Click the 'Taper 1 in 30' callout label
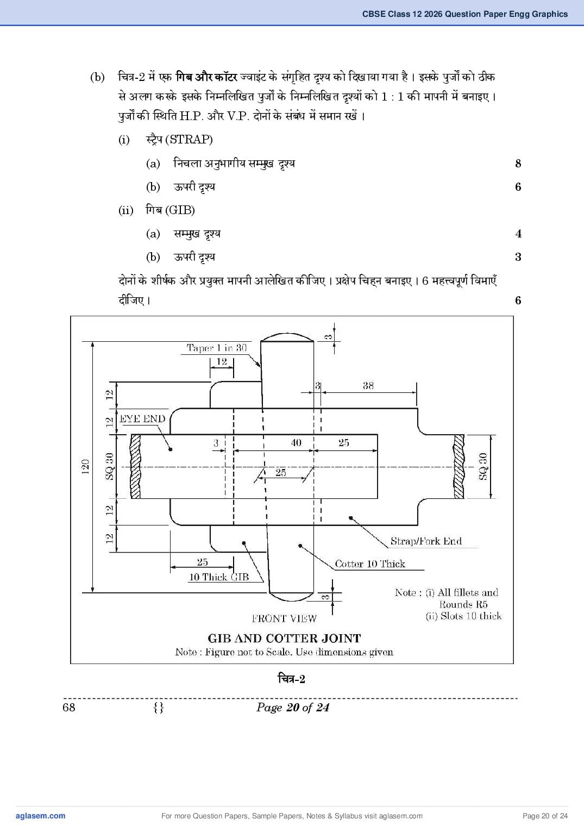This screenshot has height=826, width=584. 216,348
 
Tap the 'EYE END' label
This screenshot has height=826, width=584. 142,418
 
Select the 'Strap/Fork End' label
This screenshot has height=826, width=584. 426,541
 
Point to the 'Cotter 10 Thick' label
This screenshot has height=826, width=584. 370,564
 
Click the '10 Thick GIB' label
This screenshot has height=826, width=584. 219,577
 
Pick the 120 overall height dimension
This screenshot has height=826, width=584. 85,467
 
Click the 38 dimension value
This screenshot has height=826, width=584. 368,386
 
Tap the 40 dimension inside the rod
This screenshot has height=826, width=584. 296,442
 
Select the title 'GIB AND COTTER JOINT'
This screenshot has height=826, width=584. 284,639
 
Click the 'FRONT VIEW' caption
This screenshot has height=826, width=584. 284,618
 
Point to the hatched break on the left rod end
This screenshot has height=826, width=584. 135,466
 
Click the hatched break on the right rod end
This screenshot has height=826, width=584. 459,466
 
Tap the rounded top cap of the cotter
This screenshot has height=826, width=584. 287,337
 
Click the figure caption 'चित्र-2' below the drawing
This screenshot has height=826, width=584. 291,679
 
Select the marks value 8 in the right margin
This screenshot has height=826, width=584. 518,164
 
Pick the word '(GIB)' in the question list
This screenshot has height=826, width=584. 180,210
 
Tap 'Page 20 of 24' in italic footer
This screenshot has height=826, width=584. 293,708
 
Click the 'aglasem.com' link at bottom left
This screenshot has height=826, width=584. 41,816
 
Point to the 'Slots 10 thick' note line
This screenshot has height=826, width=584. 463,616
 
